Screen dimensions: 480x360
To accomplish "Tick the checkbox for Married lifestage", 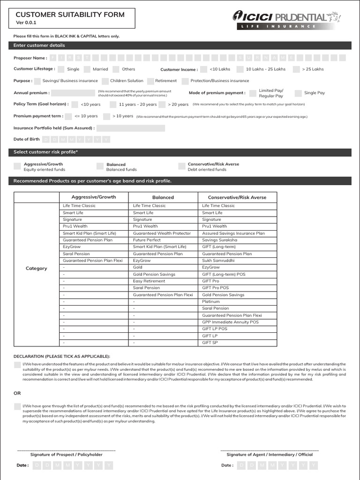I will [87, 69].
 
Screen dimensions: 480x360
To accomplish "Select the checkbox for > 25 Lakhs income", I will [296, 69].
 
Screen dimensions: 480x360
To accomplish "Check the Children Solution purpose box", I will [105, 81].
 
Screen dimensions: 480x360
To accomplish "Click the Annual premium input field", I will [73, 93].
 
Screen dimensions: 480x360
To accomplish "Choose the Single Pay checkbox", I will [298, 93].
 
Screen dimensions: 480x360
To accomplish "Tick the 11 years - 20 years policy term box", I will [113, 105].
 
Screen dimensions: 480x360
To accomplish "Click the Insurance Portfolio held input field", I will [131, 128].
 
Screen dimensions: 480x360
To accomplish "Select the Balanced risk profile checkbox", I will [100, 166].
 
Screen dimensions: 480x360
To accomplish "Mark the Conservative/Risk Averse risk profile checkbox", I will [181, 166].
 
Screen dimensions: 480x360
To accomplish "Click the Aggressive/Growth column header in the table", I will [93, 197].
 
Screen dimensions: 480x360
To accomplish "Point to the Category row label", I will [36, 269].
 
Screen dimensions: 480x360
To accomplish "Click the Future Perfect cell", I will [147, 240].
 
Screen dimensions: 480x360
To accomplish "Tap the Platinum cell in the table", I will [211, 301].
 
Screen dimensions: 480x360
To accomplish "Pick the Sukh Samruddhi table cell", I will [218, 261].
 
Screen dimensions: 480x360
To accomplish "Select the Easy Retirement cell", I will [149, 281].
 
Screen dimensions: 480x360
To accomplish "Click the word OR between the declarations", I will [17, 393].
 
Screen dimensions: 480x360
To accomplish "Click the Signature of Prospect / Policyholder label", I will [66, 454].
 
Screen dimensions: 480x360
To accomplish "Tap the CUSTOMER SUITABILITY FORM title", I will [70, 15].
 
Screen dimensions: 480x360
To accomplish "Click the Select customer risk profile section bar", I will [180, 152].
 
